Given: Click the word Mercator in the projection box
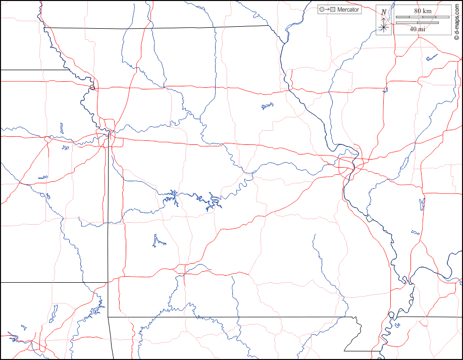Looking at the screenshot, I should [348, 10].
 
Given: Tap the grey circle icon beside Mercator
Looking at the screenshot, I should [322, 10].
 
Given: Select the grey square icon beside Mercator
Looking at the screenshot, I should [333, 10].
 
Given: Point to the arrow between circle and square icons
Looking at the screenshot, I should [327, 10].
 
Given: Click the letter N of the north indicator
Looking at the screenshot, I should [384, 12].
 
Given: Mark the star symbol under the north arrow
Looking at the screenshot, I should [384, 27].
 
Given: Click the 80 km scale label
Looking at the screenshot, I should [422, 11].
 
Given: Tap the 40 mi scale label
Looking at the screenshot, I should [417, 29].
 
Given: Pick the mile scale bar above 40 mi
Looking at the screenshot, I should [417, 23].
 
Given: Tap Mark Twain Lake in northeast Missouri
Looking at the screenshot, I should [267, 106].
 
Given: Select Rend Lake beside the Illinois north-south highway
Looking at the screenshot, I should [422, 203].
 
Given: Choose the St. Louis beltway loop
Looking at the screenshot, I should [348, 166].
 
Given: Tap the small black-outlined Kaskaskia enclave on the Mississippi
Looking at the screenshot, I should [370, 218].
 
